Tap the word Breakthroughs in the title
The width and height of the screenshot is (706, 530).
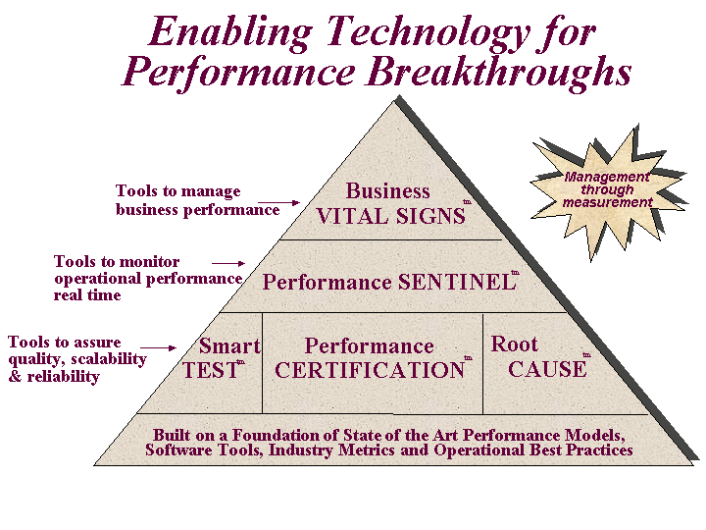[x=500, y=73]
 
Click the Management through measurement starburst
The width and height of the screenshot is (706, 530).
[x=609, y=191]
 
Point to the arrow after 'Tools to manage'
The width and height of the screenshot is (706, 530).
[x=278, y=203]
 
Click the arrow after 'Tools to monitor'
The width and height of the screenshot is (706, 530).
[x=228, y=263]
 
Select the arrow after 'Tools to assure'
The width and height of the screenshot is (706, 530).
[x=158, y=347]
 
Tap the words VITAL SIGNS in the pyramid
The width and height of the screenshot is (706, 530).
[x=391, y=216]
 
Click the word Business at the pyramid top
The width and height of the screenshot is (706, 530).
[x=387, y=191]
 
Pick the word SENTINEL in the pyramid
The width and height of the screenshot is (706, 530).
[x=457, y=282]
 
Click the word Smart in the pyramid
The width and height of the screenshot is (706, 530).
[x=229, y=345]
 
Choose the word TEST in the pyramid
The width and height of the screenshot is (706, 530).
[x=210, y=370]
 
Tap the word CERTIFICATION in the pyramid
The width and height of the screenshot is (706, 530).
[x=370, y=370]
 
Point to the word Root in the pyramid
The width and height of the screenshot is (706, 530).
[x=514, y=344]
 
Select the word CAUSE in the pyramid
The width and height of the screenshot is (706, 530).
[x=547, y=369]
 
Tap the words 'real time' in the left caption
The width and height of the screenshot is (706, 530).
[x=87, y=295]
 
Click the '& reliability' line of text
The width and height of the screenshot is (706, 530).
[x=54, y=376]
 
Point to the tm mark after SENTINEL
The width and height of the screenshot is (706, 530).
[x=515, y=273]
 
